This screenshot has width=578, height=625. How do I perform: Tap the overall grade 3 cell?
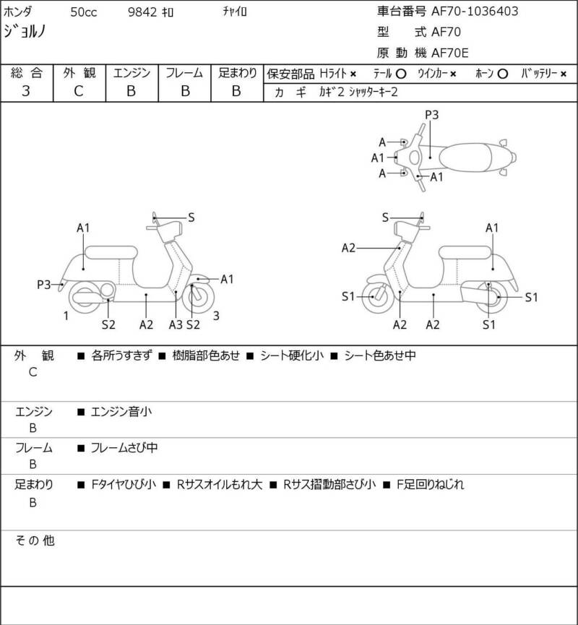pyautogui.click(x=26, y=91)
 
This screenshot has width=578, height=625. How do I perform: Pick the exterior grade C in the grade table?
pyautogui.click(x=79, y=91)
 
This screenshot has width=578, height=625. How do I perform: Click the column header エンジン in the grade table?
pyautogui.click(x=131, y=73)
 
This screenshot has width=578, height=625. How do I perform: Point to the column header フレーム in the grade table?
pyautogui.click(x=184, y=73)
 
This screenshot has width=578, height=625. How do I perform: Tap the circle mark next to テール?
pyautogui.click(x=400, y=74)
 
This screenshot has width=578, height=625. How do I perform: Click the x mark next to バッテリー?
pyautogui.click(x=564, y=74)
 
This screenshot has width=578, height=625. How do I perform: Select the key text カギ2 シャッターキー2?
pyautogui.click(x=354, y=92)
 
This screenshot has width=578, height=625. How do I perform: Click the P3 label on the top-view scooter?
pyautogui.click(x=432, y=115)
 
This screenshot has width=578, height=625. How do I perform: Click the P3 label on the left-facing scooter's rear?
pyautogui.click(x=43, y=285)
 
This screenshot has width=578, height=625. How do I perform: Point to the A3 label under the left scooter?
pyautogui.click(x=176, y=324)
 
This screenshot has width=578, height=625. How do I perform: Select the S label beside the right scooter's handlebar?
pyautogui.click(x=386, y=217)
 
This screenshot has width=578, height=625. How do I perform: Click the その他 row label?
pyautogui.click(x=34, y=540)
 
